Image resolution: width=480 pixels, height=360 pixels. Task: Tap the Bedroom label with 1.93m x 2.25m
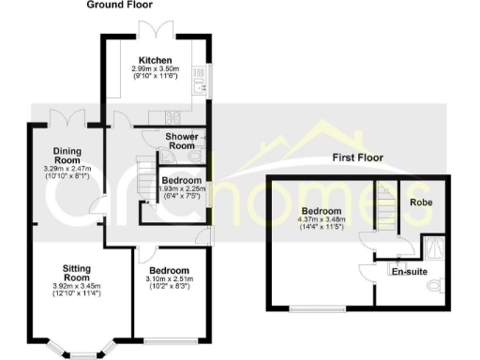[180, 180]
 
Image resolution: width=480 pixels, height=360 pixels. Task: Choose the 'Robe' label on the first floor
[419, 202]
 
